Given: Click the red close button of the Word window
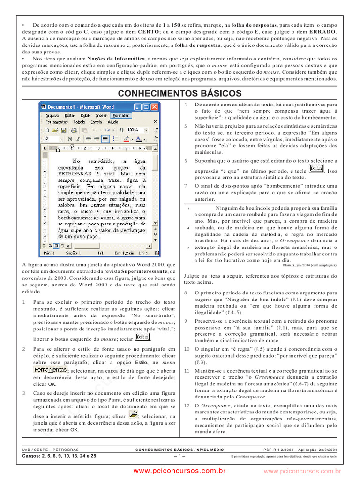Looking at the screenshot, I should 155,107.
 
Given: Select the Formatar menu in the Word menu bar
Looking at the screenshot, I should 121,115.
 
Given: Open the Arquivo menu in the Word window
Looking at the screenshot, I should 52,115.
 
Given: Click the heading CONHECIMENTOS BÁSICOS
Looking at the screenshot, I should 180,93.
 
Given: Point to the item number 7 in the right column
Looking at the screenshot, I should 186,186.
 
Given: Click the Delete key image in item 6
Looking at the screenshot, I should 316,168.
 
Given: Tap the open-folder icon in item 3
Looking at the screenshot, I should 133,414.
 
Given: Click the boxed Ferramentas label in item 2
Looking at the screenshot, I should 50,370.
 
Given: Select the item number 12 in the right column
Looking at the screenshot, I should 186,405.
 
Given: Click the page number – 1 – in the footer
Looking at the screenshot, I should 180,455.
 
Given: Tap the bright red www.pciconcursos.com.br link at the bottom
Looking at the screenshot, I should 180,470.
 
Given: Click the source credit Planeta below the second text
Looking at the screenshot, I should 289,265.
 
